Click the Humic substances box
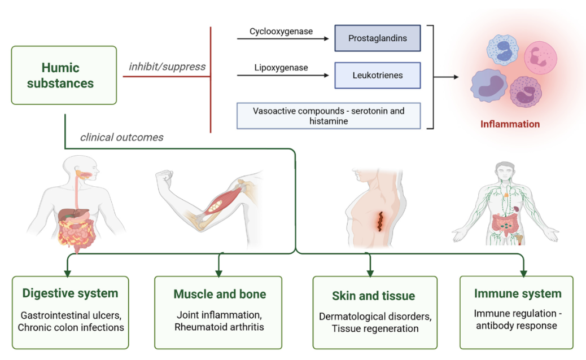[x=64, y=75]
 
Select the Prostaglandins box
[x=378, y=38]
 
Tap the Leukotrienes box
[x=378, y=76]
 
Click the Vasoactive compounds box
[x=329, y=116]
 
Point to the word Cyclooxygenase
[x=281, y=32]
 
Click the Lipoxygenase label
[x=281, y=68]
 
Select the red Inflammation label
[x=510, y=124]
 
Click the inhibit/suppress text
[x=167, y=67]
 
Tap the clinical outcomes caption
[x=122, y=138]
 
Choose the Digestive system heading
[x=70, y=293]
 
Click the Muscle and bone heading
[x=220, y=295]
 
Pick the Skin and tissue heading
[x=374, y=296]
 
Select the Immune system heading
[x=518, y=293]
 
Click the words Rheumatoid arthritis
[x=219, y=327]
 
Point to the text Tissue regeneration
[x=375, y=328]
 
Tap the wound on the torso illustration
[x=381, y=222]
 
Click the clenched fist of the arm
[x=164, y=178]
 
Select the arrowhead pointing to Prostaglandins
[x=327, y=38]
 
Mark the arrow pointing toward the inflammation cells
[x=446, y=77]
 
